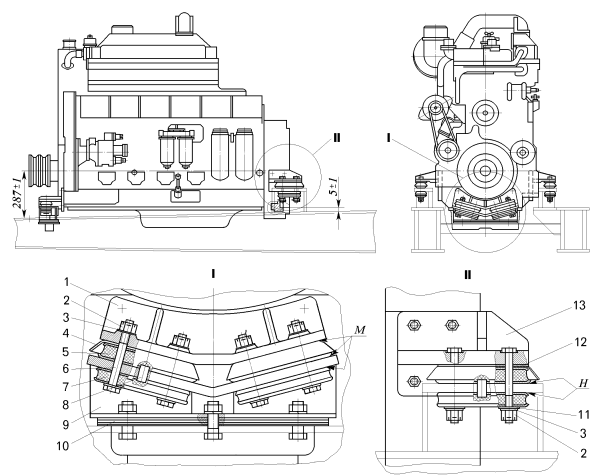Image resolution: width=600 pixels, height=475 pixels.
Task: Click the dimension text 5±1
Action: tap(334, 187)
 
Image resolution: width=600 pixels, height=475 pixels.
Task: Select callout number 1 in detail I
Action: tap(66, 282)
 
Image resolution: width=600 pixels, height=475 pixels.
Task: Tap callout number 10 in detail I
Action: tap(62, 446)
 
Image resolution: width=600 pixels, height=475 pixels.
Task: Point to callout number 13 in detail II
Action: tap(579, 305)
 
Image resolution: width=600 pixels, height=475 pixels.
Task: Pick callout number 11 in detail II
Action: tap(583, 415)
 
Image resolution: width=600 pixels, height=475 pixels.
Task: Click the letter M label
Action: tap(360, 330)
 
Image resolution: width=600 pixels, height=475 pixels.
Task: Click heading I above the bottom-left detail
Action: tap(213, 274)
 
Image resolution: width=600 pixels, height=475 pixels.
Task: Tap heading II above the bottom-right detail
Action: tap(467, 274)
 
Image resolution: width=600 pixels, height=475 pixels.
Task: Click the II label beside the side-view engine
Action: tap(336, 137)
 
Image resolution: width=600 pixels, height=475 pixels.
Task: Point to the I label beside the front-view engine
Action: tap(389, 137)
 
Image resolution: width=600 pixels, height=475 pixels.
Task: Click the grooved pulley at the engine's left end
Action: tap(39, 171)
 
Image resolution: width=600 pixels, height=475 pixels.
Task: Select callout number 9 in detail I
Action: tap(66, 424)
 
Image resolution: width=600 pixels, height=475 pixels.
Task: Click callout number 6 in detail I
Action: tap(66, 369)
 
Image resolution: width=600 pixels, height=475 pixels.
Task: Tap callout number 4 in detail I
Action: tap(66, 334)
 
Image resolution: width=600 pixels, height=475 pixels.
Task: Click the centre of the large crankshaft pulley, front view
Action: tap(485, 171)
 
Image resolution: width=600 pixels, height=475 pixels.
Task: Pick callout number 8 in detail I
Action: tap(66, 404)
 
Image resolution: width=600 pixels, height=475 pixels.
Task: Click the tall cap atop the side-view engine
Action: tap(183, 24)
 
